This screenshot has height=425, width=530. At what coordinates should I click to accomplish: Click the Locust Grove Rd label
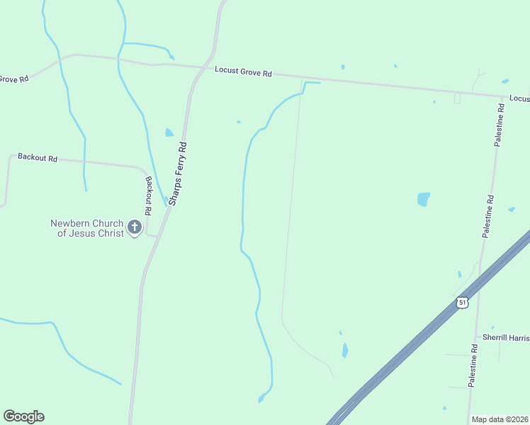(243, 72)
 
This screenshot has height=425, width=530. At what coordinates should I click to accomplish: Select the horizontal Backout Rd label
(37, 157)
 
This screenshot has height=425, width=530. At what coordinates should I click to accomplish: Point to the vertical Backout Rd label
(148, 195)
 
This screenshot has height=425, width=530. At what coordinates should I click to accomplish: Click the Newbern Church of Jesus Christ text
(86, 228)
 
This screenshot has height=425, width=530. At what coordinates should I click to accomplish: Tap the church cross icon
(135, 228)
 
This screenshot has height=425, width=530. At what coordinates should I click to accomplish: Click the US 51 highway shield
(462, 302)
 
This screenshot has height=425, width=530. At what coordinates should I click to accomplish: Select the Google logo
(23, 416)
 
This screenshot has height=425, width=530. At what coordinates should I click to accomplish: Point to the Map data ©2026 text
(500, 419)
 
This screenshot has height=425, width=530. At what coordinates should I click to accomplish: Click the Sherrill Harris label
(506, 337)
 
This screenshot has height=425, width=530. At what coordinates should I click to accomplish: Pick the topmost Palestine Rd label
(500, 125)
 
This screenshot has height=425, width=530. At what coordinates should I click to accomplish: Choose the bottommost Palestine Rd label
(473, 365)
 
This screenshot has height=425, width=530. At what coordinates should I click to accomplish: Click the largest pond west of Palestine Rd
(423, 199)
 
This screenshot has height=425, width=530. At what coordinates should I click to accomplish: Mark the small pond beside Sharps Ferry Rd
(169, 132)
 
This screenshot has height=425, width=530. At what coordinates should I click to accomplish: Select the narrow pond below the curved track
(345, 350)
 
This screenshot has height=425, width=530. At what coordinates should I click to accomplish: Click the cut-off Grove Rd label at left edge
(13, 79)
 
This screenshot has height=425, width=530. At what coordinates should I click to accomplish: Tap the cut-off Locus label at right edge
(519, 98)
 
